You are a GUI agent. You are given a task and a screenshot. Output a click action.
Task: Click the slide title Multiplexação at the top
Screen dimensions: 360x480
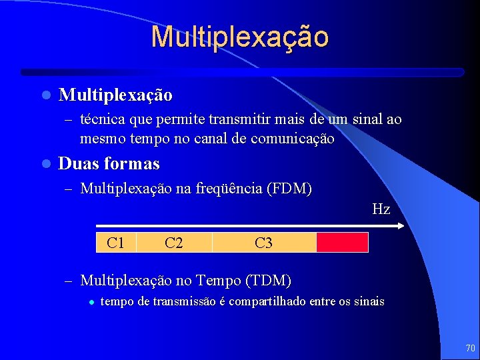tap(239, 37)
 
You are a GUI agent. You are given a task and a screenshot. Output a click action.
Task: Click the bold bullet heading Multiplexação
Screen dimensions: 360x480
tap(115, 95)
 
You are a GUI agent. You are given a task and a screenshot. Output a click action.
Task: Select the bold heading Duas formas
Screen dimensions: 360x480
tap(109, 163)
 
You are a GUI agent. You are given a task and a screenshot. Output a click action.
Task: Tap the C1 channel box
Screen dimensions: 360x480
tap(116, 243)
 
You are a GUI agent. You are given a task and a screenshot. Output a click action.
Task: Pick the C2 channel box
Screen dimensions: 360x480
tap(174, 243)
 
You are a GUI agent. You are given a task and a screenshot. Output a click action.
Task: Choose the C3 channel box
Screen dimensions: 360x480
tap(264, 243)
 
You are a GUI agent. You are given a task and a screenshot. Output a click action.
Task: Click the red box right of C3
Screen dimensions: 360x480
tap(342, 243)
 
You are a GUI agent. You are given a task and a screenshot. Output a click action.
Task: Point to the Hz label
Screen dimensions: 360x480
tap(381, 209)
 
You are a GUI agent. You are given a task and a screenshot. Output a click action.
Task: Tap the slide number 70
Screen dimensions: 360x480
tap(470, 349)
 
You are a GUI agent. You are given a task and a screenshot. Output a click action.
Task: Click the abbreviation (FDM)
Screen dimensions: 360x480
tap(289, 189)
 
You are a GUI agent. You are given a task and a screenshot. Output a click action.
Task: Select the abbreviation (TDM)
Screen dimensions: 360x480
tap(268, 280)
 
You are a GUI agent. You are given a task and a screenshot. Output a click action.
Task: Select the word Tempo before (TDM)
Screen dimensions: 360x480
tap(220, 280)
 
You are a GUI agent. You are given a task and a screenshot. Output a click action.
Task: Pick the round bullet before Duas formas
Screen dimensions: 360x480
tap(45, 164)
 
